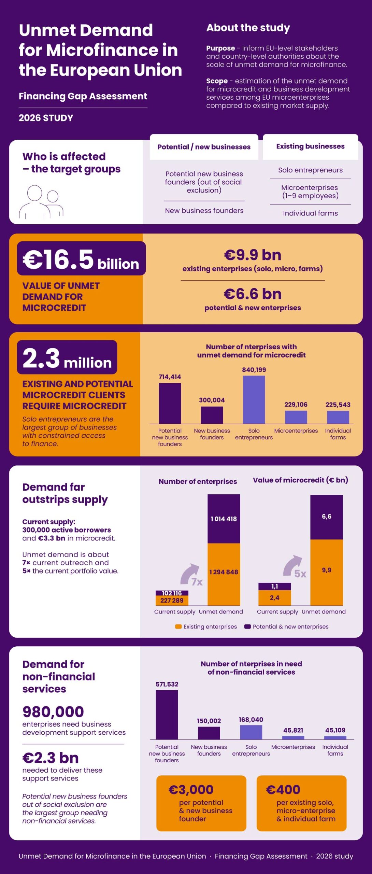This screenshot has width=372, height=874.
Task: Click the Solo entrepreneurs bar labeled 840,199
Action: click(254, 399)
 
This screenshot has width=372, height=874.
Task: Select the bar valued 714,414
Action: click(170, 403)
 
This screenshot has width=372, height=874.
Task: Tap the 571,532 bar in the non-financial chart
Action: click(167, 715)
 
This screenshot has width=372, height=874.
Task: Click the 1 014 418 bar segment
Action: click(224, 519)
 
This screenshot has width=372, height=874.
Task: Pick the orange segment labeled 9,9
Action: click(327, 572)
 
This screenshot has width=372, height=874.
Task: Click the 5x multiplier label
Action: click(300, 574)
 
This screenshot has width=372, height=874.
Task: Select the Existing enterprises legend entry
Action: click(206, 626)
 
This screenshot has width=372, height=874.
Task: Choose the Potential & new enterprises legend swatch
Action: click(248, 626)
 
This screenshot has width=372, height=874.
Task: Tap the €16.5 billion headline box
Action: click(81, 258)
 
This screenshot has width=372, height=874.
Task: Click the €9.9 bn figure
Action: click(253, 255)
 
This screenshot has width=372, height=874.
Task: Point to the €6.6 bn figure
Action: click(253, 294)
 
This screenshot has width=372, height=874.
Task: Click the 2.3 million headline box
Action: click(67, 357)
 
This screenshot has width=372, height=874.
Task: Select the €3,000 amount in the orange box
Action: click(191, 789)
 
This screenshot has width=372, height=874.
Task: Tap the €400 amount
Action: click(283, 789)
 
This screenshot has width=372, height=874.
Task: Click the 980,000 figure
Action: click(53, 712)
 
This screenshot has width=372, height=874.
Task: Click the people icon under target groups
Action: click(41, 201)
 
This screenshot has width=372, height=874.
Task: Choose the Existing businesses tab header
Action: click(310, 147)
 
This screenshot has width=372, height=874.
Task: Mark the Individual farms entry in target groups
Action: click(310, 213)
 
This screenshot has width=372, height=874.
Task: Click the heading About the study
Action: click(248, 28)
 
